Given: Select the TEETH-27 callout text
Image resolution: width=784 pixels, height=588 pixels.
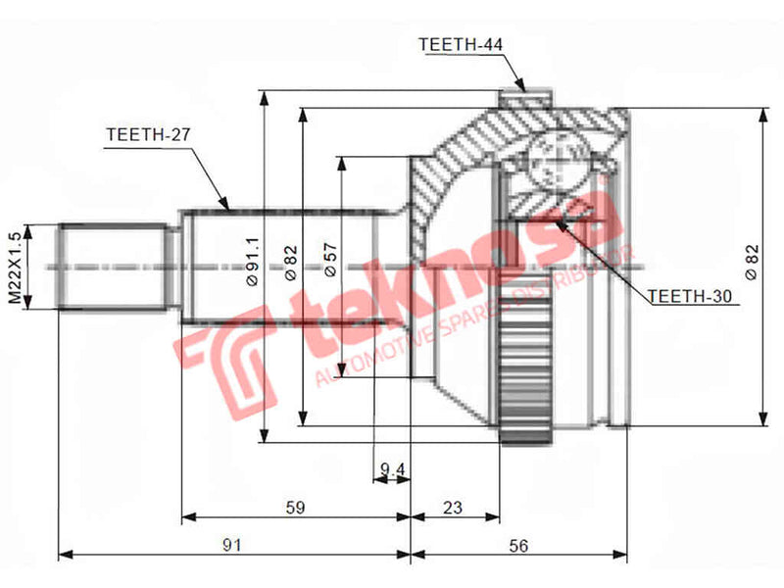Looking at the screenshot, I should click(147, 136).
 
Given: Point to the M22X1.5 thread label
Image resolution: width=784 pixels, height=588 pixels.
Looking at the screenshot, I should click(14, 267).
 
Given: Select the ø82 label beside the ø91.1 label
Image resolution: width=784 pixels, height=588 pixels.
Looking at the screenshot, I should click(291, 262).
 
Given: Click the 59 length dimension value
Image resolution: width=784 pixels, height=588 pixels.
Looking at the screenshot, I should click(294, 507).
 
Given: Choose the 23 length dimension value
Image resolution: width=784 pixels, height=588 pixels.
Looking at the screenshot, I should click(453, 507).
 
